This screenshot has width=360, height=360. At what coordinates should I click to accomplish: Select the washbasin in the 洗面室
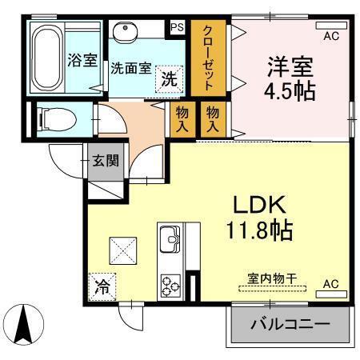(x=126, y=32)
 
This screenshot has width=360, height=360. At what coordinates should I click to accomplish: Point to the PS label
(x=177, y=27)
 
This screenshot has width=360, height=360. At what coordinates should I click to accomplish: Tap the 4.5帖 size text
(x=290, y=90)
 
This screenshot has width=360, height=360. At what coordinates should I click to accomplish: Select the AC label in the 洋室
(x=330, y=36)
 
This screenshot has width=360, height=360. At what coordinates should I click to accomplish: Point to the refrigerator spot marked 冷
(x=104, y=283)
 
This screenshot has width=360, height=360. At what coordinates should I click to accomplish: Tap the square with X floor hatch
(x=122, y=250)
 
